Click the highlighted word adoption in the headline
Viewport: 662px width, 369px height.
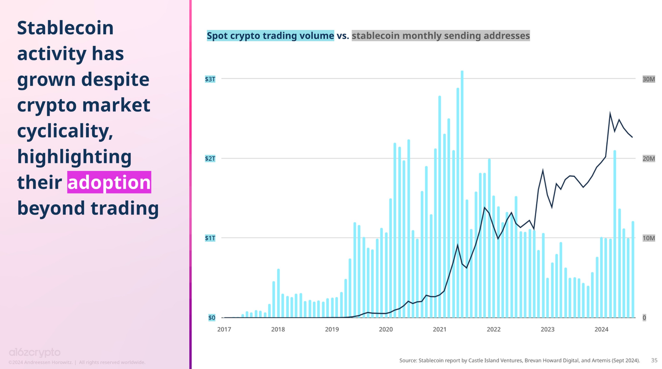[109, 183]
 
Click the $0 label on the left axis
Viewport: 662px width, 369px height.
[211, 318]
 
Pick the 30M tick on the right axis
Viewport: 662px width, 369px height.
[649, 79]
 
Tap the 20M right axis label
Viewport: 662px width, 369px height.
[649, 159]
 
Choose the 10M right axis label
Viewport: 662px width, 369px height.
[649, 238]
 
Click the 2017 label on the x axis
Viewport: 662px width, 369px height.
[224, 330]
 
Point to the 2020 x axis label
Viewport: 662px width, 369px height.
[386, 330]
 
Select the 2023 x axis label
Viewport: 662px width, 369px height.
[547, 330]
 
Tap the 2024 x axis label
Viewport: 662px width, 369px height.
[601, 330]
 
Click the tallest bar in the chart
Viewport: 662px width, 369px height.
[462, 193]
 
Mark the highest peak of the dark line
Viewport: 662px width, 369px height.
[610, 113]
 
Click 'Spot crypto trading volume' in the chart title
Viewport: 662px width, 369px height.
[270, 36]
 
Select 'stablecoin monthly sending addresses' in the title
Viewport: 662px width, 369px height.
[441, 36]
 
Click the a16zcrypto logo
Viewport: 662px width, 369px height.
[35, 352]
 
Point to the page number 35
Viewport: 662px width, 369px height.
[654, 361]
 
